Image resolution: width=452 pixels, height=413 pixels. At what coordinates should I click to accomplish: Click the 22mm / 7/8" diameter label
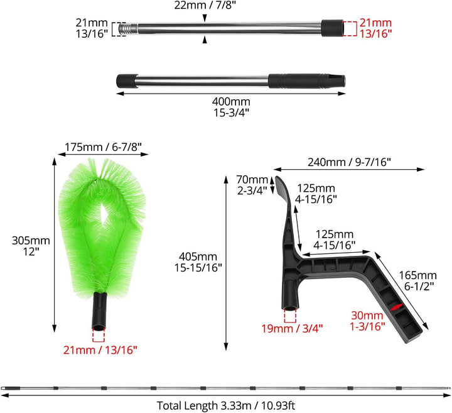[x=205, y=5]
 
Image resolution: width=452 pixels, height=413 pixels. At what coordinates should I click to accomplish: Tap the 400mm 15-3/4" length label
[x=231, y=107]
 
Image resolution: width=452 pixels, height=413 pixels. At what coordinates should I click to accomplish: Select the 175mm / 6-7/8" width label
[x=103, y=147]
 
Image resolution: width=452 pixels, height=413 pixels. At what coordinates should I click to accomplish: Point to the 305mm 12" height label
[x=31, y=246]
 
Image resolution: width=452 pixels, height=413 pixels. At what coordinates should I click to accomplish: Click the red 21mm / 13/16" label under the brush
[x=100, y=350]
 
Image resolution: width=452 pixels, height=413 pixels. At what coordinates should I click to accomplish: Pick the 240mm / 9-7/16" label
[x=349, y=162]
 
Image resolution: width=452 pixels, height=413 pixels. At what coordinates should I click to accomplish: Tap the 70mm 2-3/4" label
[x=252, y=185]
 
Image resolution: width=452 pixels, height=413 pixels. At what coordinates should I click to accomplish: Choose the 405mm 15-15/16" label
[x=198, y=262]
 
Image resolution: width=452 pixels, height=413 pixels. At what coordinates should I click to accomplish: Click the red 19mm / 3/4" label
[x=292, y=328]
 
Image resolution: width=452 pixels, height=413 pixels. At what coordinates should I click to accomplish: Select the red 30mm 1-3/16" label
[x=367, y=321]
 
